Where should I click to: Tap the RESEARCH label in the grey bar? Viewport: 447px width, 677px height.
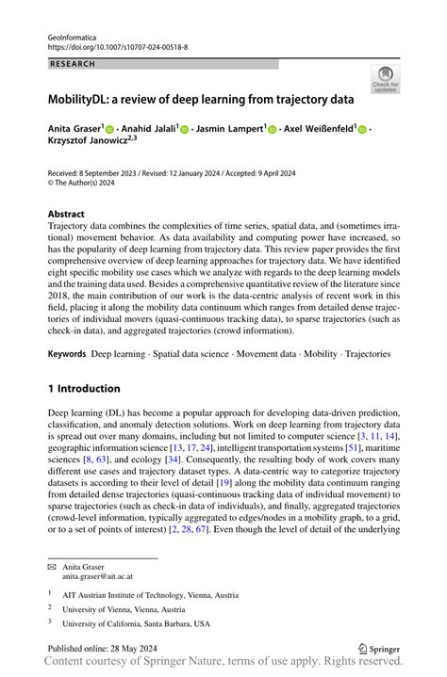(73, 64)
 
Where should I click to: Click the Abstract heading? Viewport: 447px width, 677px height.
(66, 213)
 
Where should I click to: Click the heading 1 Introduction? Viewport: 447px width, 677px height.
(84, 388)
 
